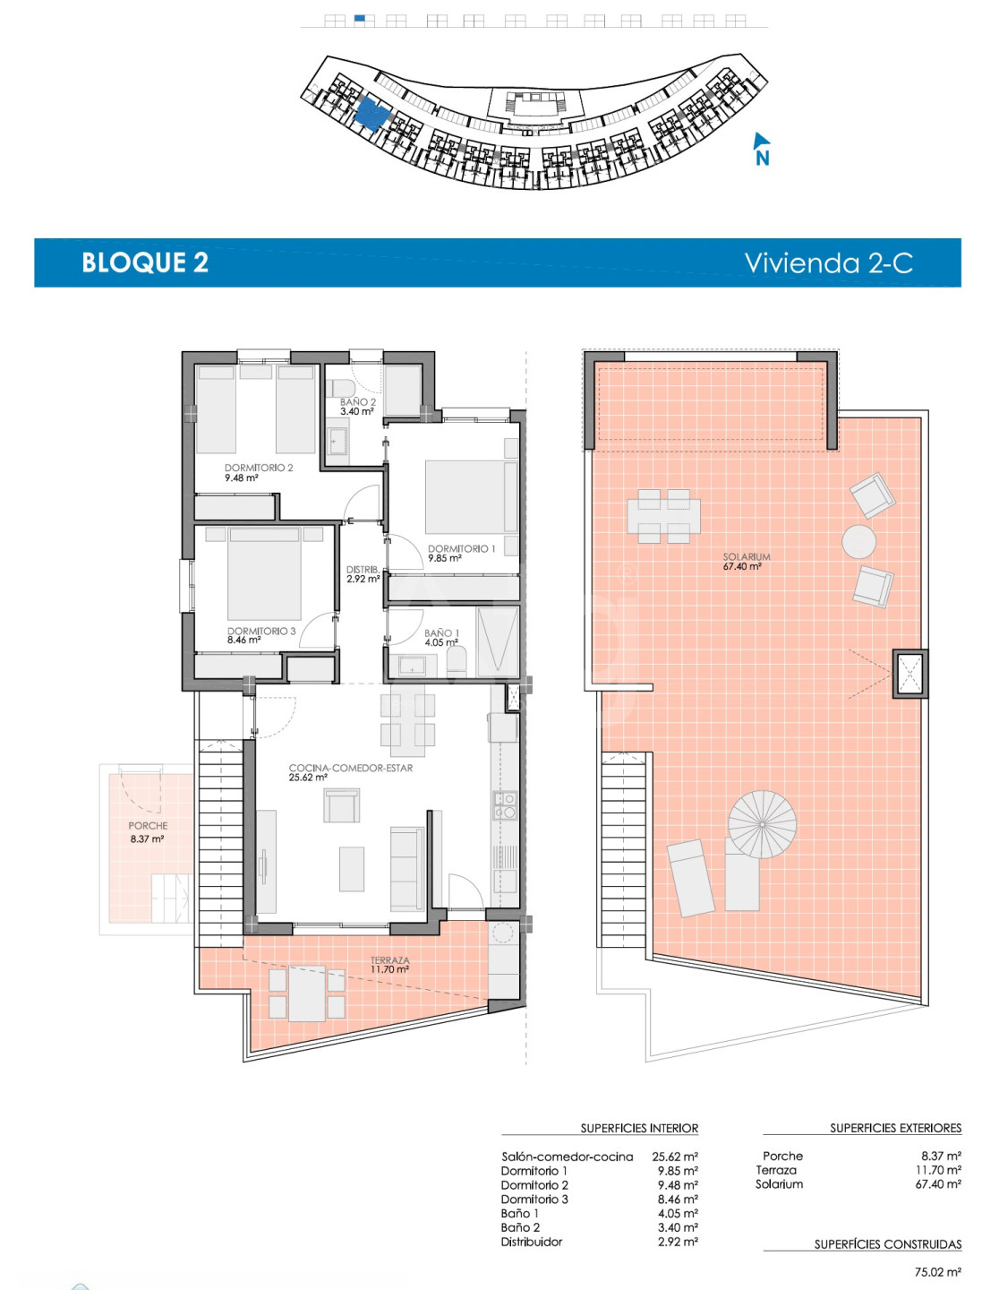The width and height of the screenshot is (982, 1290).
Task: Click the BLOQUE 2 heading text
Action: [x=145, y=262]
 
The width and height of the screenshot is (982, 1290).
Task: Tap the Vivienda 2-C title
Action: [x=829, y=262]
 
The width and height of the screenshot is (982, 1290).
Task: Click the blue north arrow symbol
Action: [x=761, y=148]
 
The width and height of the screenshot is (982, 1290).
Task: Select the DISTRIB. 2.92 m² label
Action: [x=363, y=574]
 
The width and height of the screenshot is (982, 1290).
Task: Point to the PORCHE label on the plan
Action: [x=148, y=826]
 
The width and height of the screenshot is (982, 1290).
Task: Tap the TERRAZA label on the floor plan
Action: [x=390, y=960]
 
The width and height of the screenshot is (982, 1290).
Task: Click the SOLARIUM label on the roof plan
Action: [x=747, y=556]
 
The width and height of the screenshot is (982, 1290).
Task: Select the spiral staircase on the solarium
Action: [x=763, y=824]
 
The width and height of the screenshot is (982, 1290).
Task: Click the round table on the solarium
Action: [x=858, y=541]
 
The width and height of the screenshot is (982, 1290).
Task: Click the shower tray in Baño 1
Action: [x=498, y=641]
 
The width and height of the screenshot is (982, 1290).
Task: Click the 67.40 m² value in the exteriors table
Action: [x=938, y=1183]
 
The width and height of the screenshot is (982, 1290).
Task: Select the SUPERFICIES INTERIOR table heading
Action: [x=639, y=1129]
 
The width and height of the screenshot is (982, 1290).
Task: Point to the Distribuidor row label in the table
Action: [x=532, y=1242]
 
